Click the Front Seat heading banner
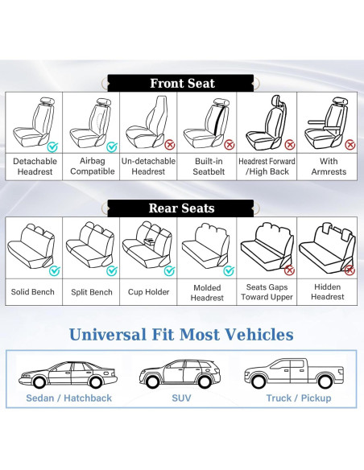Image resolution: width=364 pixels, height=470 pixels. (182, 83)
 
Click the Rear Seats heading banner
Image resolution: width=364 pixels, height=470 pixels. (181, 208)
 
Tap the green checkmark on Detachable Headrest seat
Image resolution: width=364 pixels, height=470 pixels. (53, 146)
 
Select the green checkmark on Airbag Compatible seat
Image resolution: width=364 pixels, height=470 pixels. (111, 146)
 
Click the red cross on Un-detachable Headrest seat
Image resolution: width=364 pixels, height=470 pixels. (169, 146)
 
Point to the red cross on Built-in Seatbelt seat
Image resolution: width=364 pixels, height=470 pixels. (228, 146)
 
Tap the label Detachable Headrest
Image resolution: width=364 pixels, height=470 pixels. (35, 166)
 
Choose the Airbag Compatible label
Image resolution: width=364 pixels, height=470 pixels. (92, 166)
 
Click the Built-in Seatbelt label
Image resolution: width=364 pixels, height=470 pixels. (207, 166)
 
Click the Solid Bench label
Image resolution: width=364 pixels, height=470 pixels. (33, 291)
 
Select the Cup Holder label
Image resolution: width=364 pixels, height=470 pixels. (149, 291)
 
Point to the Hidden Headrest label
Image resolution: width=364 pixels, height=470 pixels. (328, 291)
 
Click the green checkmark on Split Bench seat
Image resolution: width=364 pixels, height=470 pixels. (111, 270)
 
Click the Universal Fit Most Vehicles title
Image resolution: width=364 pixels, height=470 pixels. (181, 335)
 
